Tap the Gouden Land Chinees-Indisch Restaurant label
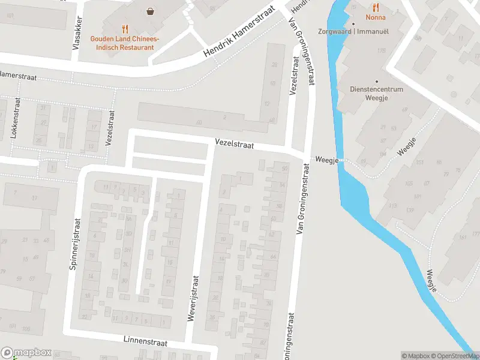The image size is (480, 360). (125, 43)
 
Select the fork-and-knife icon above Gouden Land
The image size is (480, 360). (125, 28)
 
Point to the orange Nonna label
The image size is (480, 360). (376, 18)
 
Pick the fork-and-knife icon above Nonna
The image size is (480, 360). (376, 7)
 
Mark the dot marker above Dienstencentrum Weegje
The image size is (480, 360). (377, 81)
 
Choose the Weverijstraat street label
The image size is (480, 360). (193, 299)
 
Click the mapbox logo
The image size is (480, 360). (26, 353)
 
